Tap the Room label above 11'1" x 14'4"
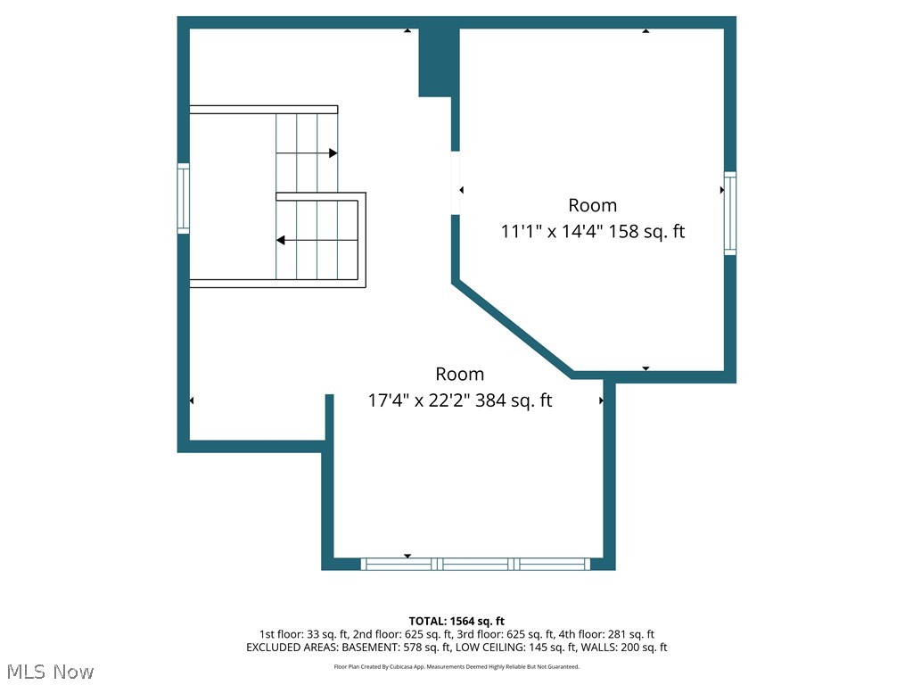click(593, 205)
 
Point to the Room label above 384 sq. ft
click(460, 374)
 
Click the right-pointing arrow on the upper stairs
click(333, 153)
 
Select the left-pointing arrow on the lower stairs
click(281, 240)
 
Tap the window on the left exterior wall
click(184, 198)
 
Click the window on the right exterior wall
click(730, 214)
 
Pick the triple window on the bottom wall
click(475, 564)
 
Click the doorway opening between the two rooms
click(455, 183)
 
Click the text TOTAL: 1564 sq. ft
click(456, 621)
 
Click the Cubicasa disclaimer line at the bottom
click(456, 666)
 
